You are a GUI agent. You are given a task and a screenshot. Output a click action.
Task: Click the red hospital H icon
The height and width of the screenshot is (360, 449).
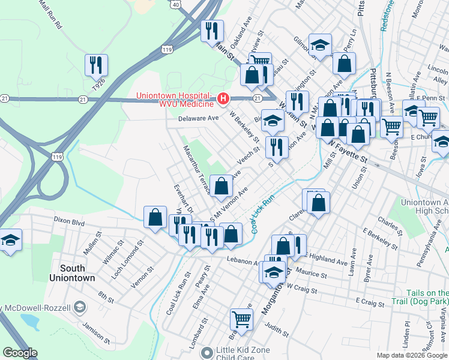click(x=223, y=97)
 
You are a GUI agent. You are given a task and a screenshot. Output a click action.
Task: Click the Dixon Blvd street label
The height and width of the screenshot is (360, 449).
click(x=70, y=221)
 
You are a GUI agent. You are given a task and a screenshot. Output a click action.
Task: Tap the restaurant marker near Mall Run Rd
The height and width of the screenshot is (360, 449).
click(x=96, y=64)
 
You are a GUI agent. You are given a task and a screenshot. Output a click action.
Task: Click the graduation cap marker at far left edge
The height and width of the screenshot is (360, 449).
click(x=10, y=241)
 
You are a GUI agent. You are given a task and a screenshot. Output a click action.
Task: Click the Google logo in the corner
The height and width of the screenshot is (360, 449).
click(x=20, y=353)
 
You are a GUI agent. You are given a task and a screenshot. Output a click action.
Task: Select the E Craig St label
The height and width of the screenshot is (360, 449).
click(x=369, y=302)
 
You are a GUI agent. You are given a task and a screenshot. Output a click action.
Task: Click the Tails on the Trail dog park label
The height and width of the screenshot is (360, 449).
click(x=426, y=296)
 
